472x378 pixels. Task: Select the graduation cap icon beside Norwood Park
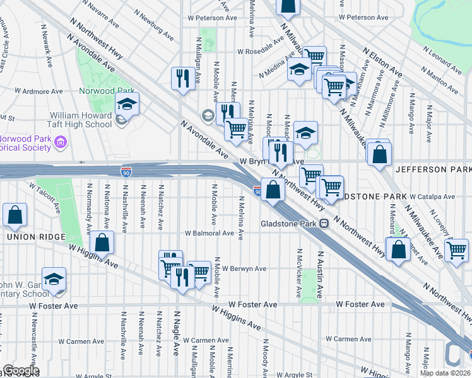point(127,105)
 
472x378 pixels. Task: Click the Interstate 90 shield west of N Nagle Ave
point(126,171)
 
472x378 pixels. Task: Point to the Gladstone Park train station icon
point(324,224)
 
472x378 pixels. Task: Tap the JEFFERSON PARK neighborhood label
point(433,170)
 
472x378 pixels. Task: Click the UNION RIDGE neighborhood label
point(36,237)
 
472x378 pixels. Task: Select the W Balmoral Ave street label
point(209,233)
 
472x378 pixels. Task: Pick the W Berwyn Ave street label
point(244,269)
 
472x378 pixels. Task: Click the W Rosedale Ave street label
point(261,52)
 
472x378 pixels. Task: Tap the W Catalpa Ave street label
point(432,197)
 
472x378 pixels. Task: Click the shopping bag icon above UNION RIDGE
point(15,215)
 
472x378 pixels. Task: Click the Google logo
point(21,371)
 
